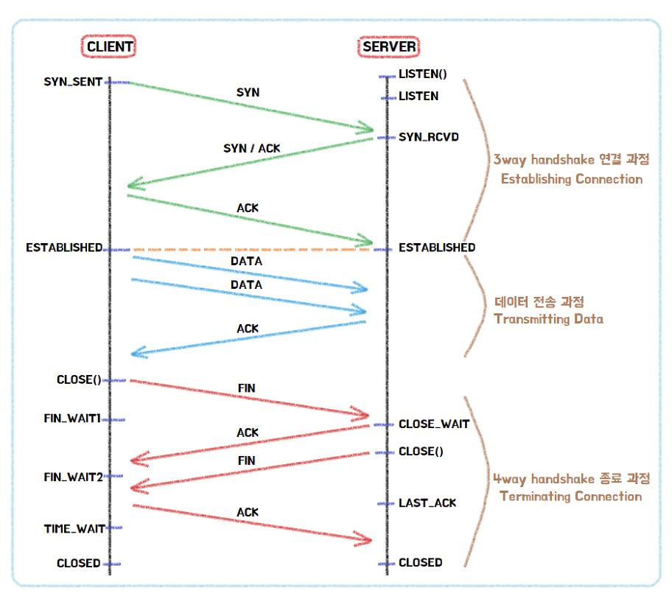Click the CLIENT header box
click(110, 47)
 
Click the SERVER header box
click(389, 47)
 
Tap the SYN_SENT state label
click(73, 82)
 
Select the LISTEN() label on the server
click(423, 74)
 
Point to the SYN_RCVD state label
click(429, 137)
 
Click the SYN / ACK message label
click(252, 149)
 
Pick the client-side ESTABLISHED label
click(64, 248)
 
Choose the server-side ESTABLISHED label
click(437, 248)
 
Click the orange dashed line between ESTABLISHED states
click(251, 250)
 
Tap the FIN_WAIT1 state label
click(71, 418)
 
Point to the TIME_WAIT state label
click(74, 528)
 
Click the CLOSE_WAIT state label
click(433, 424)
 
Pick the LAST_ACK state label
click(427, 503)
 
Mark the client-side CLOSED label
click(78, 564)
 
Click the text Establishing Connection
click(571, 179)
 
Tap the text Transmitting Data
click(549, 319)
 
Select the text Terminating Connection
click(570, 496)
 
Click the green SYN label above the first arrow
click(248, 93)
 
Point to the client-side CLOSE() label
click(79, 380)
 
